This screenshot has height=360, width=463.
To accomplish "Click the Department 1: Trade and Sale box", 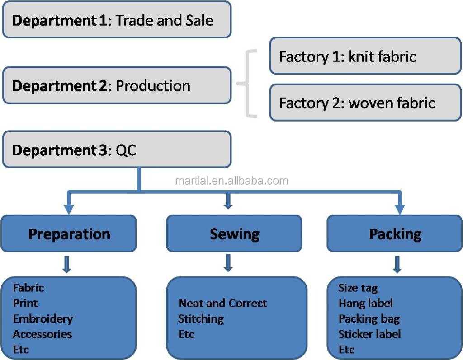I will pos(117,20).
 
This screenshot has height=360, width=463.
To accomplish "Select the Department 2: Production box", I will pos(117,85).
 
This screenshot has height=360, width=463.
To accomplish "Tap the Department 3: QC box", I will pos(117,150).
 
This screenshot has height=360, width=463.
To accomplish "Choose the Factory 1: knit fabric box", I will pos(365,56).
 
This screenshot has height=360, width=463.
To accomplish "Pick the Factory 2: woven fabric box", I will pos(365,103).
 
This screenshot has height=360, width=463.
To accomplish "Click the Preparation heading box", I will pos(69,234).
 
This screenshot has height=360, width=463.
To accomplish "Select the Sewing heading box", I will pos(234,234).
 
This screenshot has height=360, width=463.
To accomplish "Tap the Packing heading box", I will pos(395,234).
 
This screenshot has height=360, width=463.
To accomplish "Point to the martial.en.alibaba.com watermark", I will pos(231,181).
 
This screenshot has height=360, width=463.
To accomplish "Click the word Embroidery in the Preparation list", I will pos(43,318).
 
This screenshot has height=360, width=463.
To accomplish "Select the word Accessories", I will pos(43,334).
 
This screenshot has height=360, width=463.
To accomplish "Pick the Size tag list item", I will pos(358,288).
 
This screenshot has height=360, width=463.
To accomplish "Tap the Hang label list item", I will pos(365,303).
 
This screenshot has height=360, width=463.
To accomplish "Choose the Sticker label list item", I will pos(369,334).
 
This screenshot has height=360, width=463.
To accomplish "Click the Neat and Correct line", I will pos(222,303).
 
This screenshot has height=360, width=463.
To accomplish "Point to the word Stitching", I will pos(201,318).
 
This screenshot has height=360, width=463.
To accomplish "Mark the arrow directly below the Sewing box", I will pos(228,263).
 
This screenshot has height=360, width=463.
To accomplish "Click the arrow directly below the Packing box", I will pos(397,264).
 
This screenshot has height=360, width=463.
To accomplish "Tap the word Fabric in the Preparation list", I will pos(28,288).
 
